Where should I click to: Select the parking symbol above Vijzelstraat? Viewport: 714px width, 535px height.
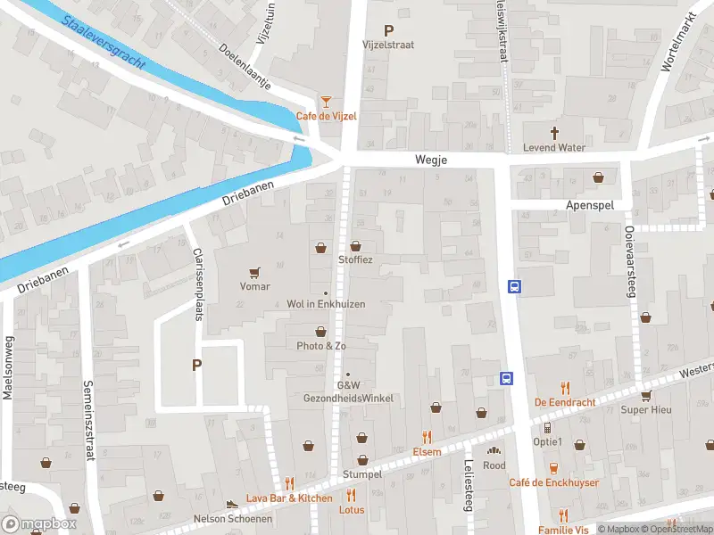click(x=388, y=29)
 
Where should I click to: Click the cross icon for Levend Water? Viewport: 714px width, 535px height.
click(x=554, y=133)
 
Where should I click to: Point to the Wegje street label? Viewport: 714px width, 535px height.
click(x=429, y=160)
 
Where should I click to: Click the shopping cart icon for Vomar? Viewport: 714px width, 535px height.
click(x=255, y=272)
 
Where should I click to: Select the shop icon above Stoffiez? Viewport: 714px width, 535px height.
click(x=355, y=246)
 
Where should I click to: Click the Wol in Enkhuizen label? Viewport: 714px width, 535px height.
click(x=326, y=304)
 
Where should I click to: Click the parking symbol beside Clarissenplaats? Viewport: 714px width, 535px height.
click(x=196, y=365)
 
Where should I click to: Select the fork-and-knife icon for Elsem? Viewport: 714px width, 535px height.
click(x=427, y=437)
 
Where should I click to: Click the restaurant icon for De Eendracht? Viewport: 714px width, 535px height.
click(x=565, y=388)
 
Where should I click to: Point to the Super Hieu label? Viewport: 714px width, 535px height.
click(x=645, y=410)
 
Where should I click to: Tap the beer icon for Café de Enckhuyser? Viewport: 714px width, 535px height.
click(x=553, y=468)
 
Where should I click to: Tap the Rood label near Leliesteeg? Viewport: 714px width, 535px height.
click(x=494, y=465)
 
